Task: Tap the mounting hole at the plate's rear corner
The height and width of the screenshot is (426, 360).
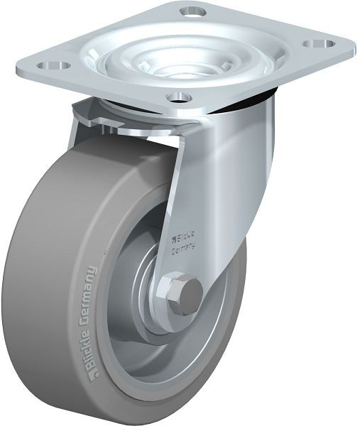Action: pyautogui.click(x=192, y=11)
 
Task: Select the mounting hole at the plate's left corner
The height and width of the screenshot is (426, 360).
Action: pyautogui.click(x=54, y=65)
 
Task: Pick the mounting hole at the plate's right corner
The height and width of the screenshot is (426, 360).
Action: pyautogui.click(x=319, y=43)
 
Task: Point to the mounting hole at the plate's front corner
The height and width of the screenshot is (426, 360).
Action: pyautogui.click(x=180, y=97)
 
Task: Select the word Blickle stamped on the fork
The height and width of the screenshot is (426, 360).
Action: pyautogui.click(x=186, y=237)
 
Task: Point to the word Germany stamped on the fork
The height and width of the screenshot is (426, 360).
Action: pyautogui.click(x=185, y=249)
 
